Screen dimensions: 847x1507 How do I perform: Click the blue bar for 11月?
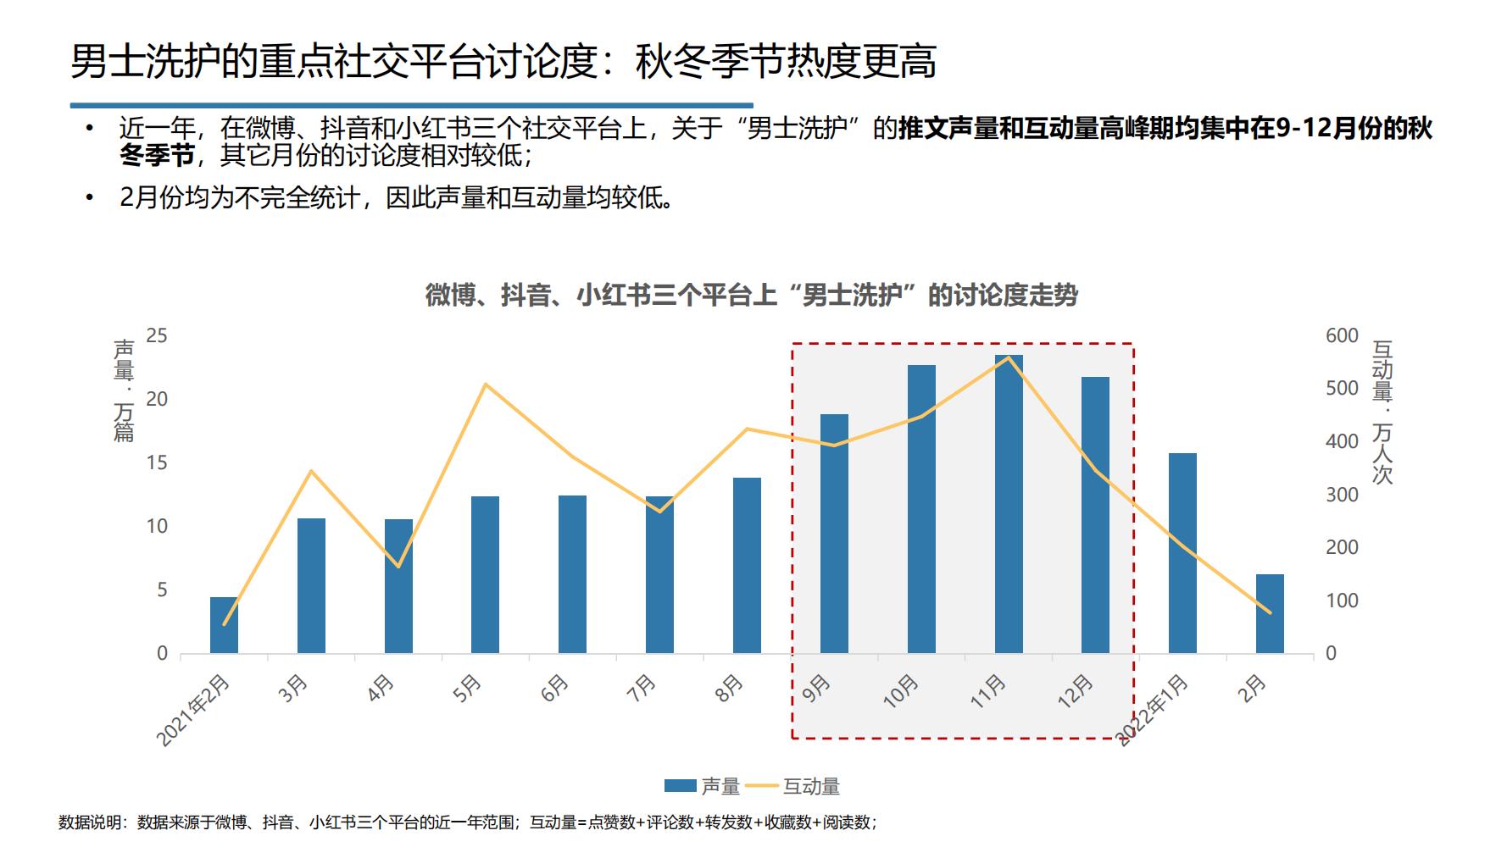[1009, 504]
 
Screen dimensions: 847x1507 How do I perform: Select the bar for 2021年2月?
[224, 625]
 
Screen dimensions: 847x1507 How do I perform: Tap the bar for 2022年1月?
[1182, 553]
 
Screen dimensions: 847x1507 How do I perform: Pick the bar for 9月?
[834, 534]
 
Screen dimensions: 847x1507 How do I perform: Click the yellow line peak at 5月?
[485, 385]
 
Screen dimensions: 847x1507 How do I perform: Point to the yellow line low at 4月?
[398, 567]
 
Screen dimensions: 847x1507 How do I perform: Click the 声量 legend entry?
[703, 786]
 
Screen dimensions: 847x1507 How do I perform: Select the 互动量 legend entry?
[792, 786]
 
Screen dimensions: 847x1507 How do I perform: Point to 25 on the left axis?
[157, 336]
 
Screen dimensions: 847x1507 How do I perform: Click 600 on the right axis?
[1342, 336]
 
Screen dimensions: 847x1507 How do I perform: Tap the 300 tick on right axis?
[1342, 495]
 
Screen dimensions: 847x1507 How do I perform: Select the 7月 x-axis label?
[642, 688]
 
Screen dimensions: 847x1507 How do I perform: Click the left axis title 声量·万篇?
[124, 390]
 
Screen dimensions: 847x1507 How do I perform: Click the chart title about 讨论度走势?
[751, 296]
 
